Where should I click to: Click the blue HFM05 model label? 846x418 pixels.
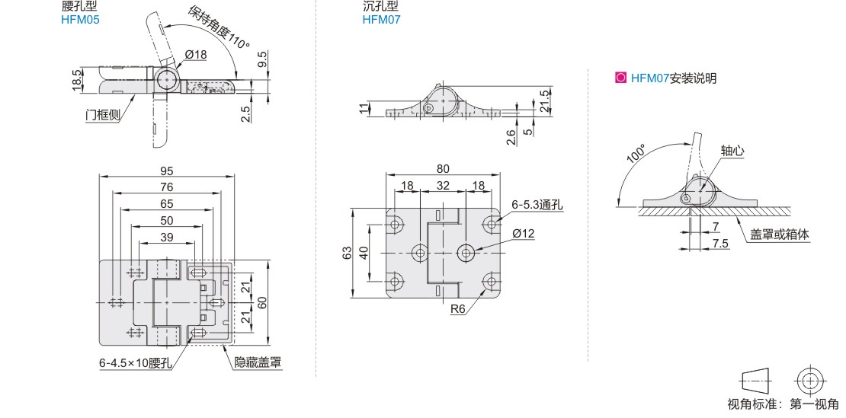point(80,20)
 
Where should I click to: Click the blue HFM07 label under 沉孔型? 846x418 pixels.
point(381,20)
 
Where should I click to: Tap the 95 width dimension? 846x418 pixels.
point(167,171)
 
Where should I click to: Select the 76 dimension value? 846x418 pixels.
point(167,187)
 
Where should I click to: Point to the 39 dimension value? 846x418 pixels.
point(167,236)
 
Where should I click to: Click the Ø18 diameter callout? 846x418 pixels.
point(196,54)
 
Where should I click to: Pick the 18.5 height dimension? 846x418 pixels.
point(78,79)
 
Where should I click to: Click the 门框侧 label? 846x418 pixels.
point(103,115)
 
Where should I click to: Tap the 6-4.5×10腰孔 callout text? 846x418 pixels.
point(136,362)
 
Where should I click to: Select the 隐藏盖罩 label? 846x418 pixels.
point(258,362)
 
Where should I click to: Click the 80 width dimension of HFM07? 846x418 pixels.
point(443,169)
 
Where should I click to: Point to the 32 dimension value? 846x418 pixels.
point(443,185)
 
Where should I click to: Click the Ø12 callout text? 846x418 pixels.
point(524,234)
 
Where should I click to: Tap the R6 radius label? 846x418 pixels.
point(458,309)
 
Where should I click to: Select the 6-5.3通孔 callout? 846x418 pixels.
point(537,205)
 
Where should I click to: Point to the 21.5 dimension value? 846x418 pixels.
point(544,101)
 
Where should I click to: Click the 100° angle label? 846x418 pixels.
point(636,153)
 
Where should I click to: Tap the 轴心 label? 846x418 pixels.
point(732,151)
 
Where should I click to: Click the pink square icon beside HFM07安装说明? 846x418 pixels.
point(620,78)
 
